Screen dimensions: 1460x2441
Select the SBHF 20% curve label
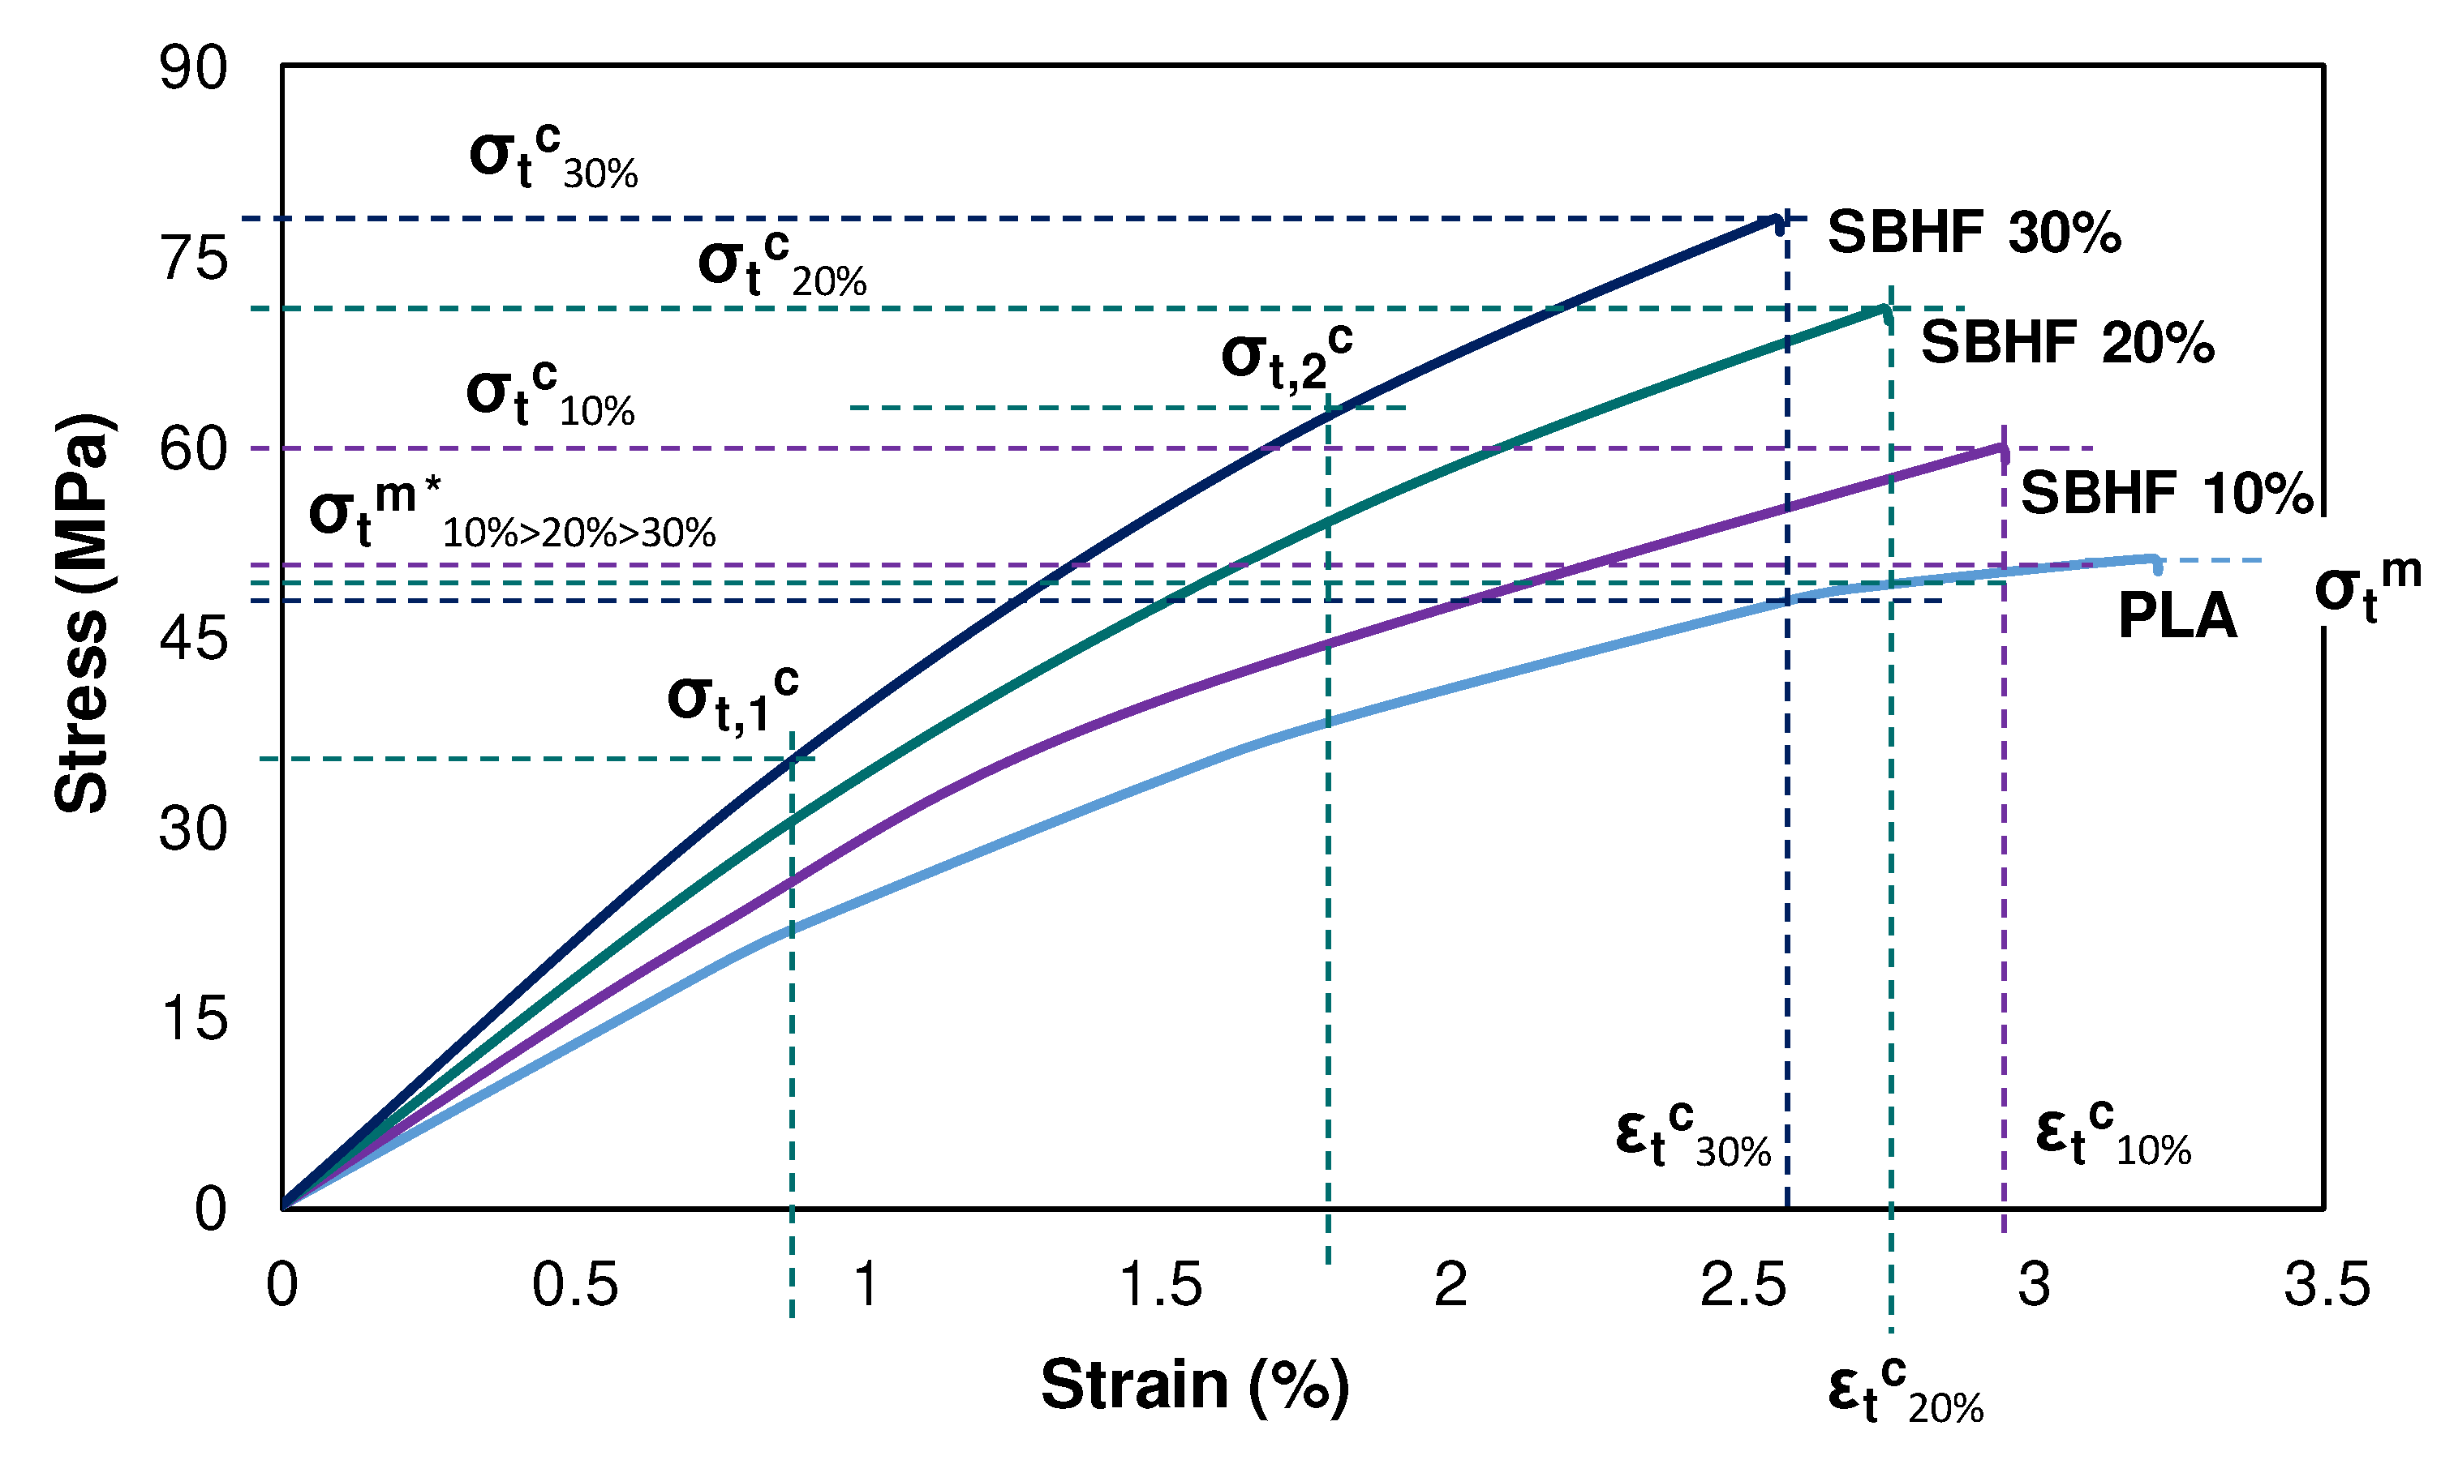tap(2066, 344)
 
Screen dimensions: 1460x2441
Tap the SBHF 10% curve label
tap(2165, 494)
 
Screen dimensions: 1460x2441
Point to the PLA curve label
tap(2177, 618)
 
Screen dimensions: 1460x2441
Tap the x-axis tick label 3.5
tap(2326, 1285)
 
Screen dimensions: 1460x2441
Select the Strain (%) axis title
tap(1194, 1385)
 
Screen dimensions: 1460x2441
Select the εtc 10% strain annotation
tap(2112, 1134)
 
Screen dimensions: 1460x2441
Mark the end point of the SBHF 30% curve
tap(1777, 220)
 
